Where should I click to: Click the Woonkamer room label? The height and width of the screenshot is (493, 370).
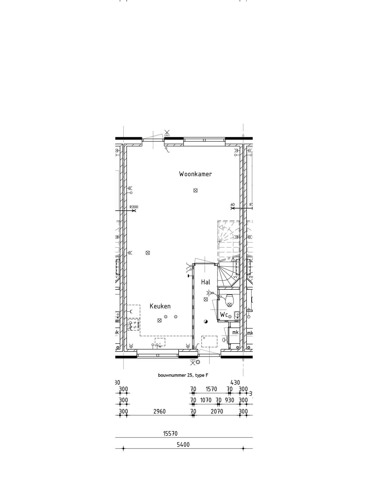tap(195, 174)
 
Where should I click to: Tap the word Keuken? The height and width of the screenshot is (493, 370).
tap(160, 306)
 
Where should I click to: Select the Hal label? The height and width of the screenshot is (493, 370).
tap(206, 282)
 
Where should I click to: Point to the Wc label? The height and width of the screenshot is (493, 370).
tap(224, 315)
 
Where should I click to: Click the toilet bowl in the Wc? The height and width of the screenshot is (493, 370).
tap(229, 300)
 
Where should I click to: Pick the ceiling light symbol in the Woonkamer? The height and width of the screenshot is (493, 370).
tap(195, 190)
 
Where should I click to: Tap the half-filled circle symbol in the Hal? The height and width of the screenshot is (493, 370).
tap(206, 321)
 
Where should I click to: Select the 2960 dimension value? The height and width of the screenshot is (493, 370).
tap(159, 411)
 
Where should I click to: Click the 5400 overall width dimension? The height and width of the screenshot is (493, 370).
tap(183, 444)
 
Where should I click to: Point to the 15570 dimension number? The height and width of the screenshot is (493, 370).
tap(170, 434)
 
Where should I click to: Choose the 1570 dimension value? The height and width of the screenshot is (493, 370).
tap(211, 389)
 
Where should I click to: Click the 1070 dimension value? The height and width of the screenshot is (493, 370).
tap(206, 400)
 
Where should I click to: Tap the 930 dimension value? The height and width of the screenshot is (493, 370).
tap(229, 400)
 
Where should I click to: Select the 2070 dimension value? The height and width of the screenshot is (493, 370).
tap(217, 411)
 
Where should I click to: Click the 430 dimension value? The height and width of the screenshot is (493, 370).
tap(235, 383)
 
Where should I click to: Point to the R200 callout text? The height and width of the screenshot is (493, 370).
tap(134, 207)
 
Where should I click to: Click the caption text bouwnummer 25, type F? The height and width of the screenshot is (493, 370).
tap(183, 375)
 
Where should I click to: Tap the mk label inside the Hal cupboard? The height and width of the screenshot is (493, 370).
tap(235, 332)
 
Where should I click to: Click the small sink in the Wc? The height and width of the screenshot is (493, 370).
tap(237, 314)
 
